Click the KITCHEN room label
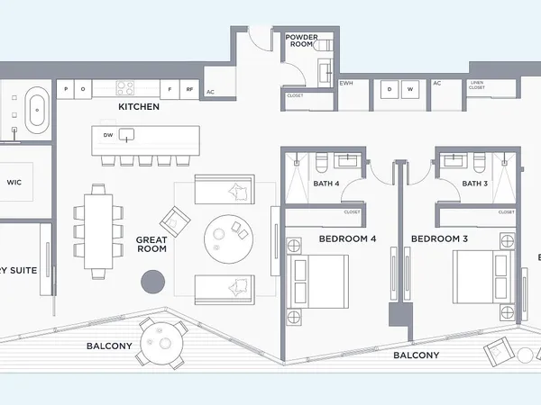[139, 107]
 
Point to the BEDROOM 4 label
[347, 239]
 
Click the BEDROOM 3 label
[439, 239]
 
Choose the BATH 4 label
[326, 184]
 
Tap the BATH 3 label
[475, 184]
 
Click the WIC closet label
[14, 182]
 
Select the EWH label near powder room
[345, 84]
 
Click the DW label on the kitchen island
[108, 135]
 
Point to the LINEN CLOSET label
[478, 86]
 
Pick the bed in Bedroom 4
[317, 279]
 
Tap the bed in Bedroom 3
[483, 279]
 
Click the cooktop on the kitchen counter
[124, 88]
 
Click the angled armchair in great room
[175, 220]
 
